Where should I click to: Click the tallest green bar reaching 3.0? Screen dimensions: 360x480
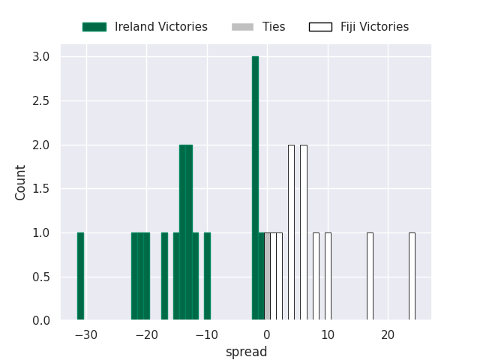coord(255,188)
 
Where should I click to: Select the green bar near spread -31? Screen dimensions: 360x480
coord(80,277)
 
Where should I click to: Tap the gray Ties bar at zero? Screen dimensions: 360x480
coord(267,277)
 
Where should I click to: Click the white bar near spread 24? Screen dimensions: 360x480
coord(412,277)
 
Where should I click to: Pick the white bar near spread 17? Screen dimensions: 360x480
coord(370,277)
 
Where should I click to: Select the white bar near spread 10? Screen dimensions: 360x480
coord(328,277)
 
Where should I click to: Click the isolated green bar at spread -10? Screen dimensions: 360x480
coord(207,277)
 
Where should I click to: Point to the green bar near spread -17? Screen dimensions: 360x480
coord(164,277)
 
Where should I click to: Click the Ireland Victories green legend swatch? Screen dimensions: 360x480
coord(94,27)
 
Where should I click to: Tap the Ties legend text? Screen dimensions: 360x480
coord(274,27)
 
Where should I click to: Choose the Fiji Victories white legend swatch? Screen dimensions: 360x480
coord(320,27)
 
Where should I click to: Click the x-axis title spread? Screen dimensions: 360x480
coord(246,352)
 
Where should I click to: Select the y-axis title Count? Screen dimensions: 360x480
coord(21,182)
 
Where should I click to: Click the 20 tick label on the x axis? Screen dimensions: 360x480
coord(388,334)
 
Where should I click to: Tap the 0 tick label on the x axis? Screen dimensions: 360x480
coord(267,334)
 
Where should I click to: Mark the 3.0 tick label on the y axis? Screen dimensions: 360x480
coord(41,57)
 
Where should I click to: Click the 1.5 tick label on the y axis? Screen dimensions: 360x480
coord(41,189)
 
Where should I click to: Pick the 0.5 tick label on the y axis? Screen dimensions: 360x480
coord(41,277)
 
